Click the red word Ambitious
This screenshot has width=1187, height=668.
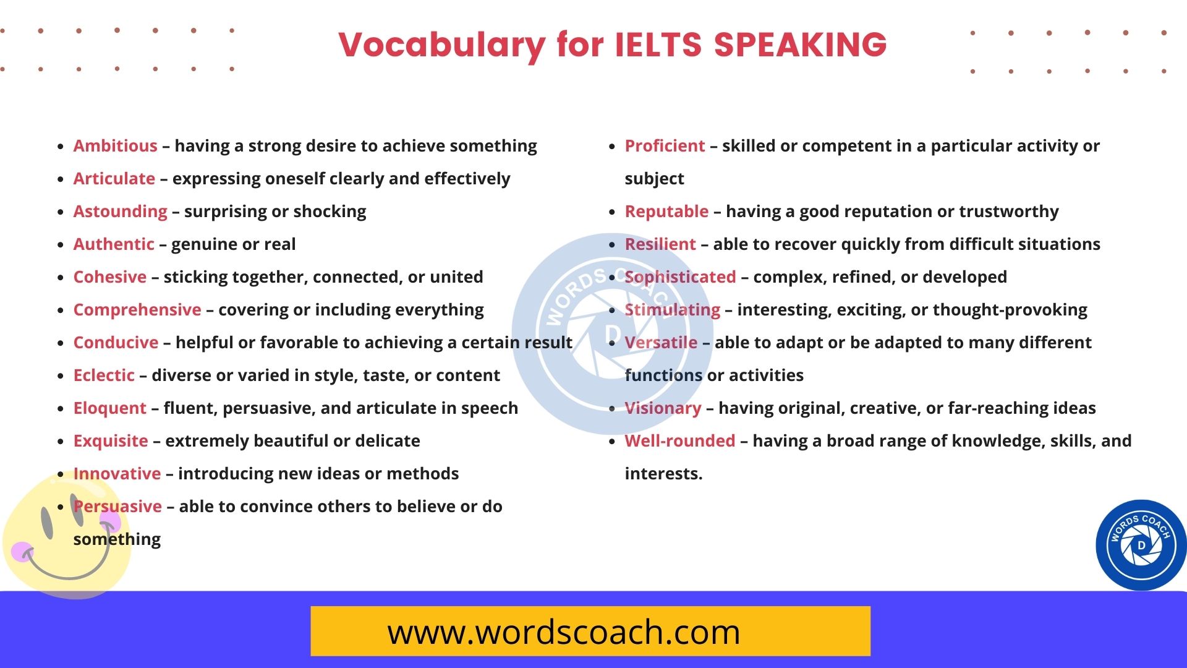coord(115,146)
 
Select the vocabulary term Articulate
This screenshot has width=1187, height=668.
coord(114,179)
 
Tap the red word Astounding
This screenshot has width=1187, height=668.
coord(120,212)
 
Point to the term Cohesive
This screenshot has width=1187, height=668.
coord(110,277)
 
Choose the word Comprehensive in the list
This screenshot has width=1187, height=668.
coord(137,310)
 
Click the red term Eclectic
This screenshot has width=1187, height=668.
coord(104,375)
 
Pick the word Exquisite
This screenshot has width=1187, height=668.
coord(111,441)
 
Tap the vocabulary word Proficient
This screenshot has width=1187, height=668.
coord(665,146)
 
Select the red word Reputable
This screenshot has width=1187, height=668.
coord(666,212)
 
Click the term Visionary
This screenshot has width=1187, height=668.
coord(663,408)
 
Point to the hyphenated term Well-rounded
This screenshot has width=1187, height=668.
coord(680,441)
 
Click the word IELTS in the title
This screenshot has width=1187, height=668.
coord(658,45)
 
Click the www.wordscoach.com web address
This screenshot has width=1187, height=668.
coord(563,632)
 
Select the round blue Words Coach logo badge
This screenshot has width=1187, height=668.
coord(1141,545)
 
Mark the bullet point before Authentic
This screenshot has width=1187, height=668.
coord(61,245)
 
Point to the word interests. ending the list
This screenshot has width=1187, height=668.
coord(663,474)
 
